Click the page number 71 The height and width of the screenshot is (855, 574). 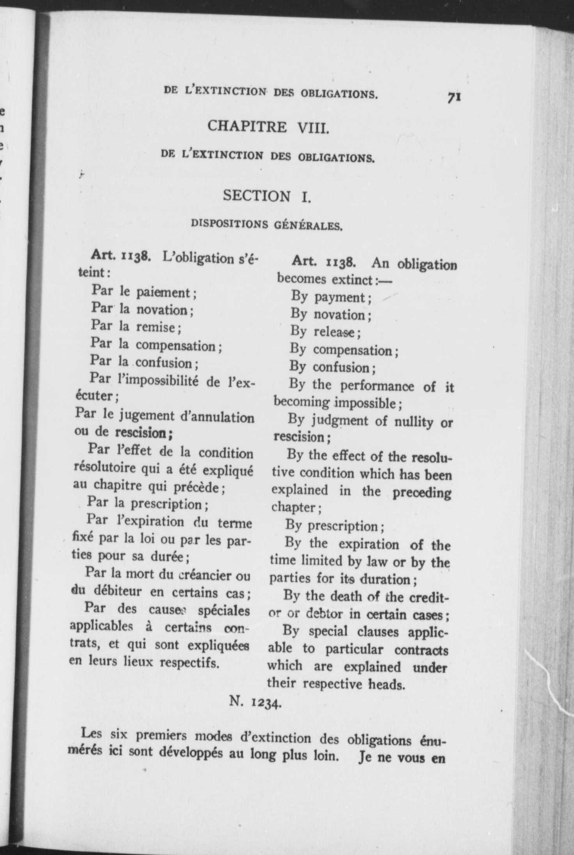coord(454,97)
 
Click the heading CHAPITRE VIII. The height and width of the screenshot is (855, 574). coord(269,126)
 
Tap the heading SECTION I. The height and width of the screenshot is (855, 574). coord(267,195)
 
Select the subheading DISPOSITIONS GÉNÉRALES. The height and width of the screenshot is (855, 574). coord(267,225)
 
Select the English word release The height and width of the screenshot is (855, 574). coord(334,332)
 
